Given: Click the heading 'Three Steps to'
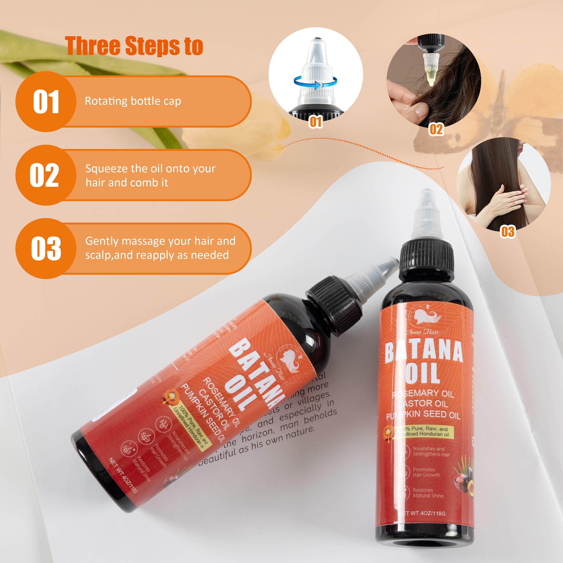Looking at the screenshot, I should point(134,46).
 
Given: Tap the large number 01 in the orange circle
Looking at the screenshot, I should point(46,102).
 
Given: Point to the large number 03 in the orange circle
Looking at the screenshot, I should point(46,249).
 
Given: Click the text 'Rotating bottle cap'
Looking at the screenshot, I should point(133,101).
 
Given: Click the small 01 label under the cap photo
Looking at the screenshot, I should point(316,122).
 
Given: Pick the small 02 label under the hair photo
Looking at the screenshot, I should point(436,129).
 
